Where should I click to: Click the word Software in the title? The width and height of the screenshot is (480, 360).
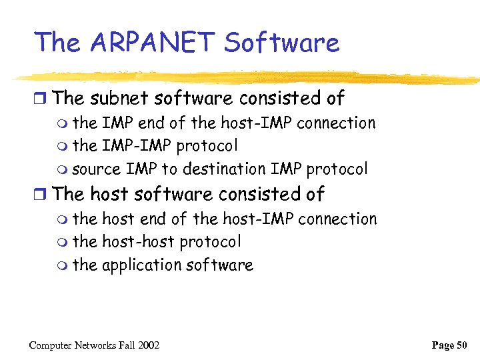click(281, 43)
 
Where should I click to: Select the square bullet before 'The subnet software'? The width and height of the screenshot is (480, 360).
click(41, 99)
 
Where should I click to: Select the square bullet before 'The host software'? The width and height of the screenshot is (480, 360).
click(41, 195)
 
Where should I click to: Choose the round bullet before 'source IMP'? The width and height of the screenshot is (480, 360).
click(63, 170)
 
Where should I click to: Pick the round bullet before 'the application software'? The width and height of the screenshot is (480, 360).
click(63, 266)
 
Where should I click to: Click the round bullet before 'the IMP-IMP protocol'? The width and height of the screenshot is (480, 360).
click(63, 147)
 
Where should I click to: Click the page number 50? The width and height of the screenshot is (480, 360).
click(460, 345)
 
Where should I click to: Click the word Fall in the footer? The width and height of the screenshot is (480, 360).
click(127, 345)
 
